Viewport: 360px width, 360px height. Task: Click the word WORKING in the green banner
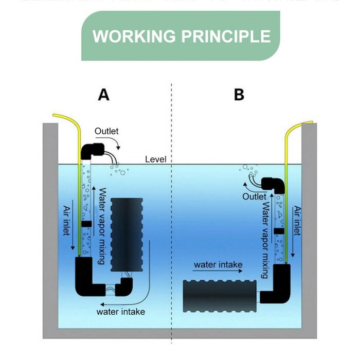point(133,37)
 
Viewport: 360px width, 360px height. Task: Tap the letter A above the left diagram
point(104,95)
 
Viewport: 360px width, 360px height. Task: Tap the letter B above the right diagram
point(239,95)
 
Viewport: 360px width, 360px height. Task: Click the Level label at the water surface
point(155,159)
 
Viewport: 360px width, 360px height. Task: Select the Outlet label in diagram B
point(255,196)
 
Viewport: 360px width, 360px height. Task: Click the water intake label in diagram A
point(121,312)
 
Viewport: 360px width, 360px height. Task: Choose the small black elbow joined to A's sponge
point(124,287)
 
